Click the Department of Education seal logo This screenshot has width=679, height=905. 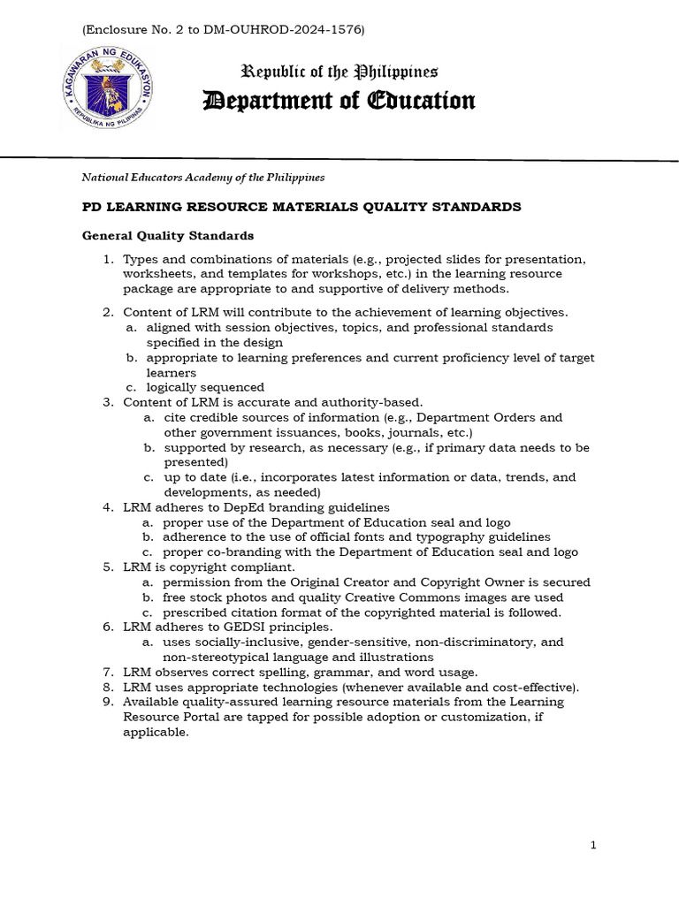click(x=108, y=87)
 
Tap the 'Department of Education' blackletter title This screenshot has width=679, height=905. click(x=339, y=101)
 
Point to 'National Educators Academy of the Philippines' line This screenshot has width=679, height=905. click(x=203, y=178)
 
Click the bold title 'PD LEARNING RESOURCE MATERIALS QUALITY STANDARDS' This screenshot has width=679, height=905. click(x=301, y=207)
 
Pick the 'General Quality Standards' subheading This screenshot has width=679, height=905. click(x=168, y=236)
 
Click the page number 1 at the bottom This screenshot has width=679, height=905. click(x=594, y=846)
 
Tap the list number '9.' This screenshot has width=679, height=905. click(x=109, y=702)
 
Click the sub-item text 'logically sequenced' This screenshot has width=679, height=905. click(x=205, y=387)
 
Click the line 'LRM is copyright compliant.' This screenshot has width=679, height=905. click(x=209, y=567)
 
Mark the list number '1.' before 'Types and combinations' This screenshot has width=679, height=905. click(x=109, y=259)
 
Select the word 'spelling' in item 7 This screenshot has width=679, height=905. click(x=291, y=672)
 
